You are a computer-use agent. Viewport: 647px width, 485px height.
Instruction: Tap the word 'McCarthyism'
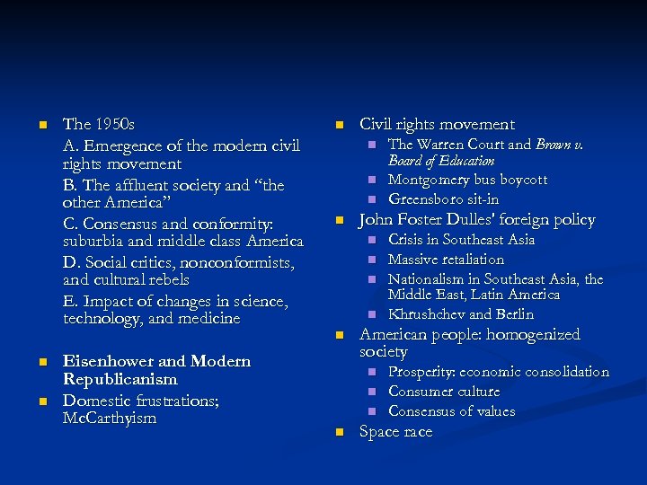tap(110, 418)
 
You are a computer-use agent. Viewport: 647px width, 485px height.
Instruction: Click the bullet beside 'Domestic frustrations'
tap(41, 399)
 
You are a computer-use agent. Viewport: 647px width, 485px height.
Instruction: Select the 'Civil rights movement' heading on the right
tap(437, 125)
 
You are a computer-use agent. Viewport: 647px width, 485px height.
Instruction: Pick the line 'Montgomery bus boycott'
tap(467, 180)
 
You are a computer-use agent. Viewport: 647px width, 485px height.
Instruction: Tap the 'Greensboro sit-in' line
tap(443, 199)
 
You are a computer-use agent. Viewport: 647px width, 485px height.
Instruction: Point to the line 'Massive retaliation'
tap(446, 260)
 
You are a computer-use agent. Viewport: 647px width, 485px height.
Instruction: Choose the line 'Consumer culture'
tap(443, 392)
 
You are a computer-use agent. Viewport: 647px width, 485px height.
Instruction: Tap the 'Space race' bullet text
tap(395, 432)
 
